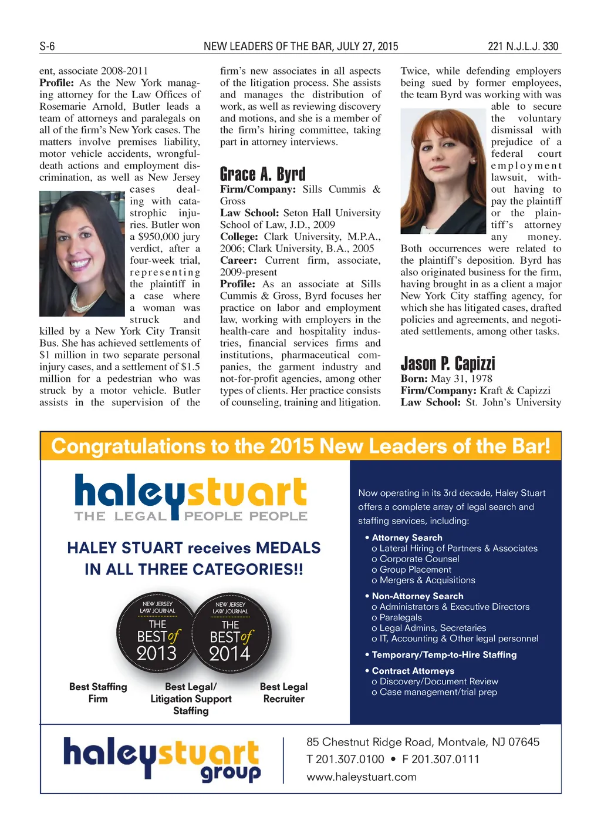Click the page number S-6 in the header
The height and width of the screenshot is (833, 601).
pos(47,46)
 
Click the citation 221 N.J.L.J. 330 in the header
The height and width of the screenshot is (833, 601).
pos(523,46)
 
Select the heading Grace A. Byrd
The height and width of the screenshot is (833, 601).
pos(262,174)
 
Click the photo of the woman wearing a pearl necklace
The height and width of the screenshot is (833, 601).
pos(82,254)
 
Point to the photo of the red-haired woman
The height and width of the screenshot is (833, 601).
pos(443,171)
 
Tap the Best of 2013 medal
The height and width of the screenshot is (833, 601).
pos(157,632)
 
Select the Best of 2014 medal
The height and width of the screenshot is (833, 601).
pos(231,633)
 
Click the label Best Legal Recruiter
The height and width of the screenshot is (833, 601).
pos(283,693)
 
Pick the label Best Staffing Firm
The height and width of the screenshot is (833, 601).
pos(98,693)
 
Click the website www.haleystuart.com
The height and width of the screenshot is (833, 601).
pos(361,777)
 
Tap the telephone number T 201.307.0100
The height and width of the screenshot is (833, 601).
pos(345,759)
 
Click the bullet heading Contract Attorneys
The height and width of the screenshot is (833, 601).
pos(413,671)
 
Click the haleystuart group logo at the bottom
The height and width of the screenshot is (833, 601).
pos(162,759)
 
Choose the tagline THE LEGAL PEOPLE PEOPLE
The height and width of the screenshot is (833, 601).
pos(191,516)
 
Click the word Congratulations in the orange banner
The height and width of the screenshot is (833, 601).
pos(127,446)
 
